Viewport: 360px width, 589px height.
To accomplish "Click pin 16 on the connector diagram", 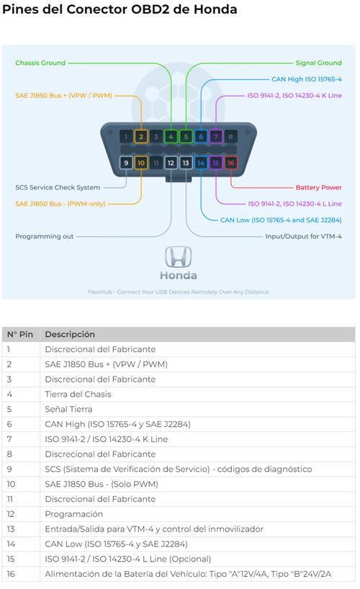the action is point(230,163).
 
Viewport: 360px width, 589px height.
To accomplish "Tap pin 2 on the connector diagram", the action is point(141,137).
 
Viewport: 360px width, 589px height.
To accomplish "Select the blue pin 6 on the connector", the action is point(201,137).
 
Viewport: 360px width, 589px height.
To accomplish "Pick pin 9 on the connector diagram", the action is point(126,163).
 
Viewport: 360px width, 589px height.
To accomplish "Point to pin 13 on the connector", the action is point(186,163).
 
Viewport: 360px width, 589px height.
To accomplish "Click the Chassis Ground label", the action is point(40,63).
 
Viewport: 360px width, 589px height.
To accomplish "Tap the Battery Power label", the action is point(319,187).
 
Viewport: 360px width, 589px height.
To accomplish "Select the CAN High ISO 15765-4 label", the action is point(307,79).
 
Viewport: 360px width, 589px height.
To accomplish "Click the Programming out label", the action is point(45,236).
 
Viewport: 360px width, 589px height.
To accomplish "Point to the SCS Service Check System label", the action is point(58,187).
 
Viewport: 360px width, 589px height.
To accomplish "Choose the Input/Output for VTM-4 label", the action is point(303,236).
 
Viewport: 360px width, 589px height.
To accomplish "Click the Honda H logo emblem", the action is point(178,257).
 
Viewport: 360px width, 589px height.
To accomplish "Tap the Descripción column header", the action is point(70,334).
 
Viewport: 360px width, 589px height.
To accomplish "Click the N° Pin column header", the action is point(20,334).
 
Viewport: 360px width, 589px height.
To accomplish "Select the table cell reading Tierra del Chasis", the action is point(78,394).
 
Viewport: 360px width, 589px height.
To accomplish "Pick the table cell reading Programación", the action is point(73,514).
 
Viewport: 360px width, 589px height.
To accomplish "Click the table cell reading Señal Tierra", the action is point(68,409).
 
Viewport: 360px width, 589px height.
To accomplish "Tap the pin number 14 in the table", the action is point(11,544).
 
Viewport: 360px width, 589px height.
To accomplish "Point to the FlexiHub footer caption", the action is point(178,292).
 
